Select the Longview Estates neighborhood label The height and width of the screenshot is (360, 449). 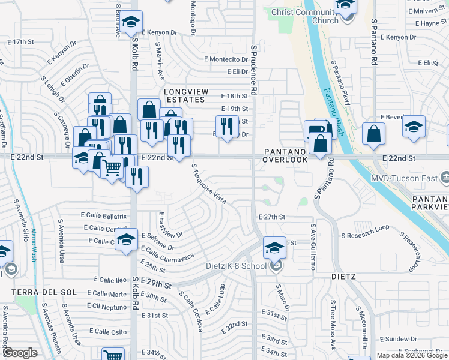pyautogui.click(x=187, y=95)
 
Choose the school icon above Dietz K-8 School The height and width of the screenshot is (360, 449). pyautogui.click(x=274, y=246)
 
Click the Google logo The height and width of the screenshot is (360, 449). pyautogui.click(x=20, y=352)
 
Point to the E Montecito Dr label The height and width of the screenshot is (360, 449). pyautogui.click(x=229, y=59)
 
